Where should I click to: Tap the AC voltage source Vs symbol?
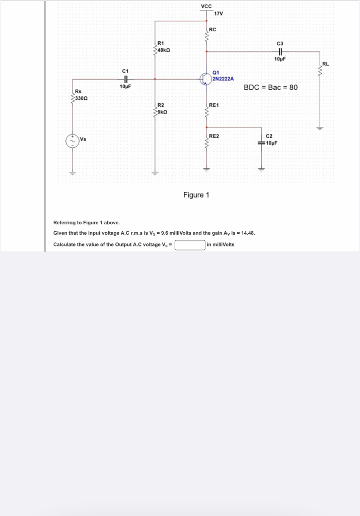72,140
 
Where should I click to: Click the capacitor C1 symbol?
126,79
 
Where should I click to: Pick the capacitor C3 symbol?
280,51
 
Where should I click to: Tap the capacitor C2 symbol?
261,143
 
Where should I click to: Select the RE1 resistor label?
214,105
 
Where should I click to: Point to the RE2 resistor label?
214,136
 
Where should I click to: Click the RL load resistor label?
325,64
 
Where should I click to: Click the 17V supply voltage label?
219,13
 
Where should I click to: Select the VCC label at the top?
206,6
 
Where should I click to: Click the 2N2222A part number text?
223,79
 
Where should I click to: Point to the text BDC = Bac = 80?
270,88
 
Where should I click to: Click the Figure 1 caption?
196,195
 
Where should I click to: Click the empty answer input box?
190,245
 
